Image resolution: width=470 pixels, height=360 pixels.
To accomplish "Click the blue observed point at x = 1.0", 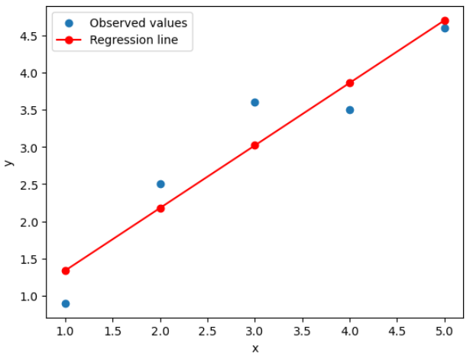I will point(66,303).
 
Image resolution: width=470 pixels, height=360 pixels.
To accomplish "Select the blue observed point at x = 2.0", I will point(160,184).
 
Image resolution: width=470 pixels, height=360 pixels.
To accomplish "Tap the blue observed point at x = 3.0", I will point(254,102).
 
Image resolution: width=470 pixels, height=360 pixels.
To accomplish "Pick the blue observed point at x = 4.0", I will point(350,110).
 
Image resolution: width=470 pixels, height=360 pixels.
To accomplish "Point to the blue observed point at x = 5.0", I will point(445,28).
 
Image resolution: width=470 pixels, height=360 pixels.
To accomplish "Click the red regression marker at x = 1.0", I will point(66,271).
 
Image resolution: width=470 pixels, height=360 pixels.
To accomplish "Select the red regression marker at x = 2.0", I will point(160,208).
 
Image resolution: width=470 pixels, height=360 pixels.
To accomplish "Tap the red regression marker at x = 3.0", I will point(254,145).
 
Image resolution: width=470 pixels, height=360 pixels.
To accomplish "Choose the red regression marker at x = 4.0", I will point(350,83).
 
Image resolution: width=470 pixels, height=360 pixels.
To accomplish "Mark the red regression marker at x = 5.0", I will point(445,21).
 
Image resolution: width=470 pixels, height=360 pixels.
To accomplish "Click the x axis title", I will point(254,349).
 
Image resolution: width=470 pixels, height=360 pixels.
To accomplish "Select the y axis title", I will point(8,162).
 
